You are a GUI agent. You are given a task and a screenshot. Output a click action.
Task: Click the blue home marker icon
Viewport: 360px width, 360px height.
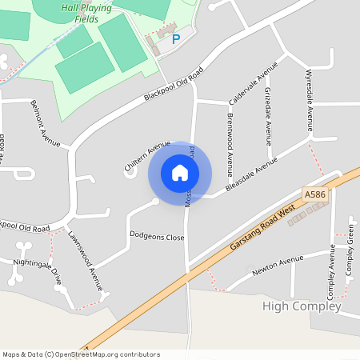coord(180,173)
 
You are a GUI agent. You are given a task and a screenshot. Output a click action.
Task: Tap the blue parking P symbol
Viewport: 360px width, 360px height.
coord(177,38)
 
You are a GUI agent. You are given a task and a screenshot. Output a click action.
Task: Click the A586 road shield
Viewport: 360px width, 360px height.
coord(314,194)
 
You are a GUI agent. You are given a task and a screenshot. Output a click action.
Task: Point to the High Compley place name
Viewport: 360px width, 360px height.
coord(302,306)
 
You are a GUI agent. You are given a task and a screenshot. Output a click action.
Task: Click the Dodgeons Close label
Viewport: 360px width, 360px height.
coord(157,237)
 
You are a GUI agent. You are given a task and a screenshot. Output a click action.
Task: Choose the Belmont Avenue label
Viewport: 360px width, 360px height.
coord(45,123)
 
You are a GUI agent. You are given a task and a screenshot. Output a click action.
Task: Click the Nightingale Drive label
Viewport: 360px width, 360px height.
coord(38,266)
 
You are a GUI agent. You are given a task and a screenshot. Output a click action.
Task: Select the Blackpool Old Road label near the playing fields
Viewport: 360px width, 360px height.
coord(174,84)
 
